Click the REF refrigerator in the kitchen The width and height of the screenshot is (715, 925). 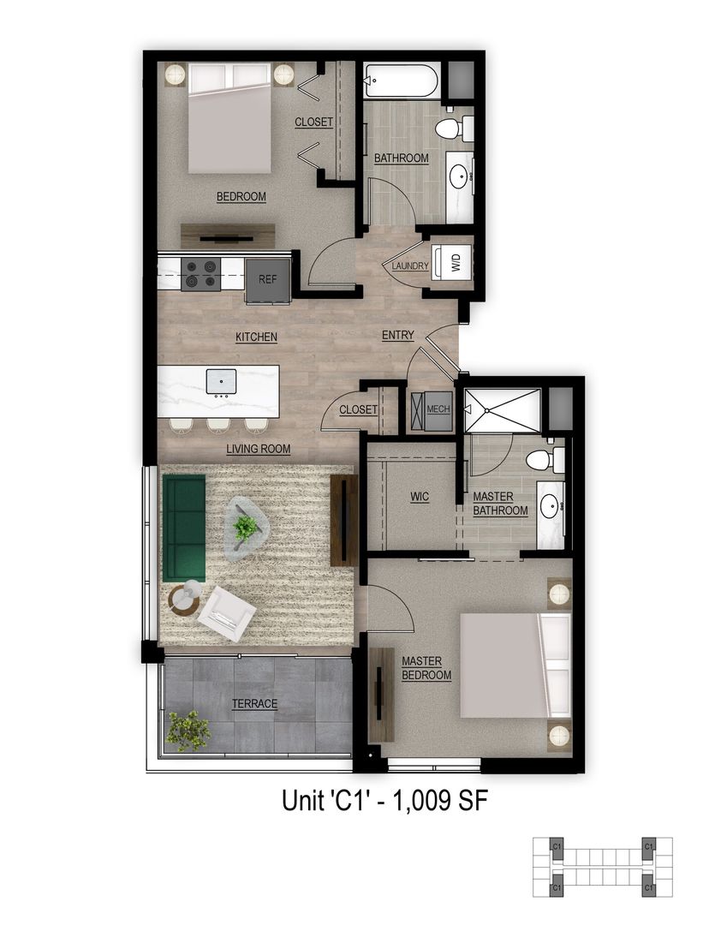(266, 278)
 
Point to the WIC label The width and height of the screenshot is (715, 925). (420, 497)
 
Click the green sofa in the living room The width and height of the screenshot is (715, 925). (183, 528)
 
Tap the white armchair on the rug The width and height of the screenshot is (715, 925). (226, 612)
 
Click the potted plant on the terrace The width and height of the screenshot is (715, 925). (188, 731)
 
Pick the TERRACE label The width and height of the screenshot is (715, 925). (255, 704)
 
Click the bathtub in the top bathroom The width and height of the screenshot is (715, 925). (401, 83)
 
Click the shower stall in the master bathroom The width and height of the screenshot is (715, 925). (502, 411)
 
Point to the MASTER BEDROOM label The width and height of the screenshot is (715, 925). (426, 668)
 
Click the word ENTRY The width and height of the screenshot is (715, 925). (398, 335)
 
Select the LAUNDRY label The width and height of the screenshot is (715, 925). (410, 266)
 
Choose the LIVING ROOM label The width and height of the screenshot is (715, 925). (259, 449)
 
